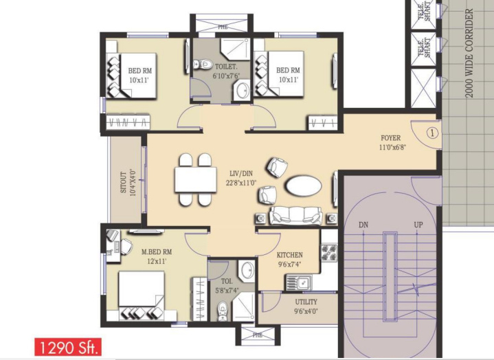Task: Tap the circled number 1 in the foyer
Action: [x=432, y=131]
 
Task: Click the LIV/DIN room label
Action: [x=241, y=178]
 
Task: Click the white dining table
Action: [x=195, y=180]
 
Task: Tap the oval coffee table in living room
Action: [x=302, y=185]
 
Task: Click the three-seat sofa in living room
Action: [x=296, y=216]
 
